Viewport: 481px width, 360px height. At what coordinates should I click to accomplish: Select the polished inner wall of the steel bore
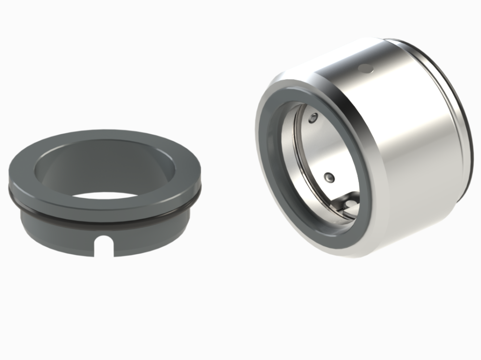pyautogui.click(x=313, y=154)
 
